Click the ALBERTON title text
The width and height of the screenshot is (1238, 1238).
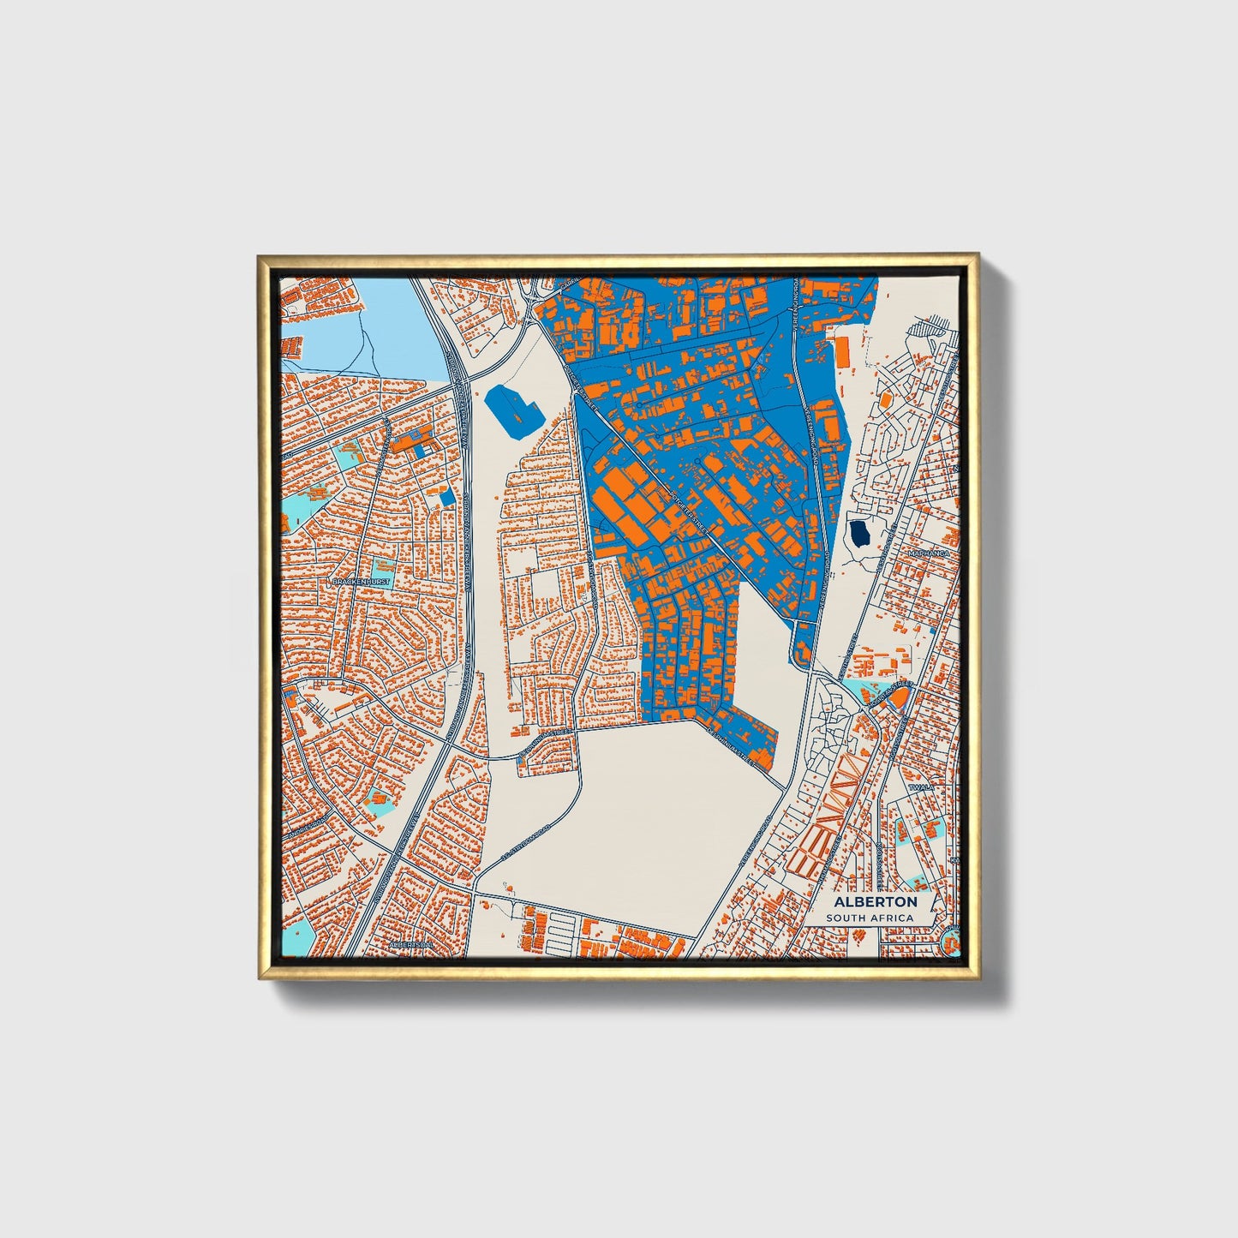click(875, 901)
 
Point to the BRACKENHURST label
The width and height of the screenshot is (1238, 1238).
click(360, 582)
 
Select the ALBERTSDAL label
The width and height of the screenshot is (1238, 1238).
click(411, 944)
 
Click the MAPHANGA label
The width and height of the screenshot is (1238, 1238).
click(930, 554)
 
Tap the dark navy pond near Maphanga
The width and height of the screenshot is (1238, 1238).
click(858, 535)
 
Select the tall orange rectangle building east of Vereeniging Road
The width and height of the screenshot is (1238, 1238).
click(841, 350)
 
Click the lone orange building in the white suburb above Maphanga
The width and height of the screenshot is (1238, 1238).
click(885, 398)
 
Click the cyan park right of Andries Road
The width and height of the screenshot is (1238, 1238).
click(377, 802)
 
